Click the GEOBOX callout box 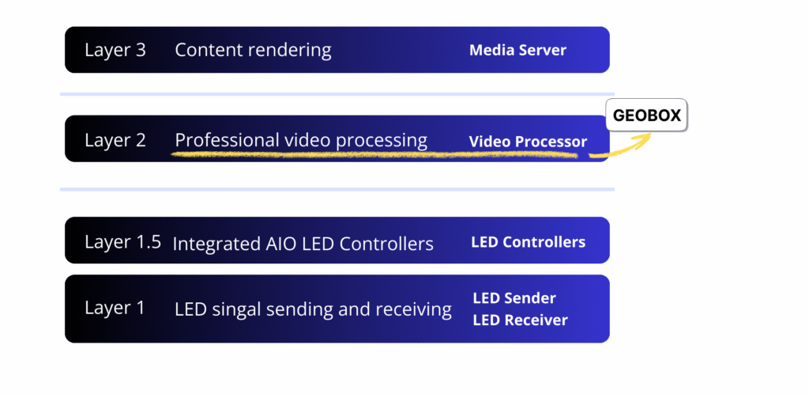(646, 115)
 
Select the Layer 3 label (115, 50)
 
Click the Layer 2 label (115, 140)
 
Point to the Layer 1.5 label (122, 242)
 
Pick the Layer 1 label (115, 308)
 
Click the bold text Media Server (517, 50)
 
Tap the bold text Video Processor (528, 142)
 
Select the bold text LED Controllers (529, 242)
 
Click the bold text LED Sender (514, 298)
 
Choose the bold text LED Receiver (520, 320)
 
